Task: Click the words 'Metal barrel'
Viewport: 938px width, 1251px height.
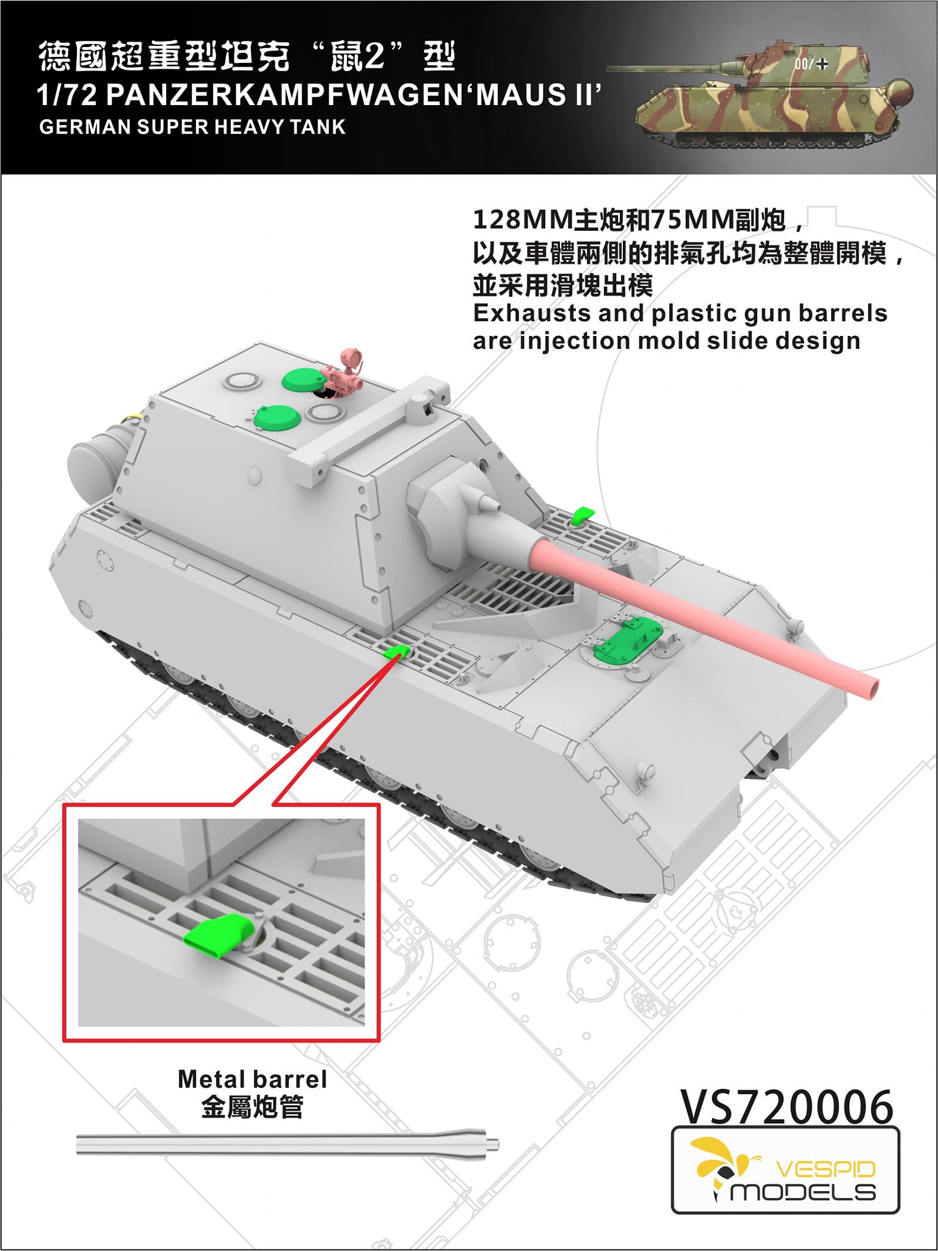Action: point(252,1079)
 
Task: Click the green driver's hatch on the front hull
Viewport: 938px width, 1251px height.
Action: point(627,638)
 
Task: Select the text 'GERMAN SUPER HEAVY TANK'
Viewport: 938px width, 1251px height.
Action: point(192,127)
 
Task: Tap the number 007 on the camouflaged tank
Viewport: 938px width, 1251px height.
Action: point(804,64)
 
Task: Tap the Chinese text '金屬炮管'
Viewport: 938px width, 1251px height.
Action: point(252,1107)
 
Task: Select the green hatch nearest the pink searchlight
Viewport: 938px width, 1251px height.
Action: point(304,379)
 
